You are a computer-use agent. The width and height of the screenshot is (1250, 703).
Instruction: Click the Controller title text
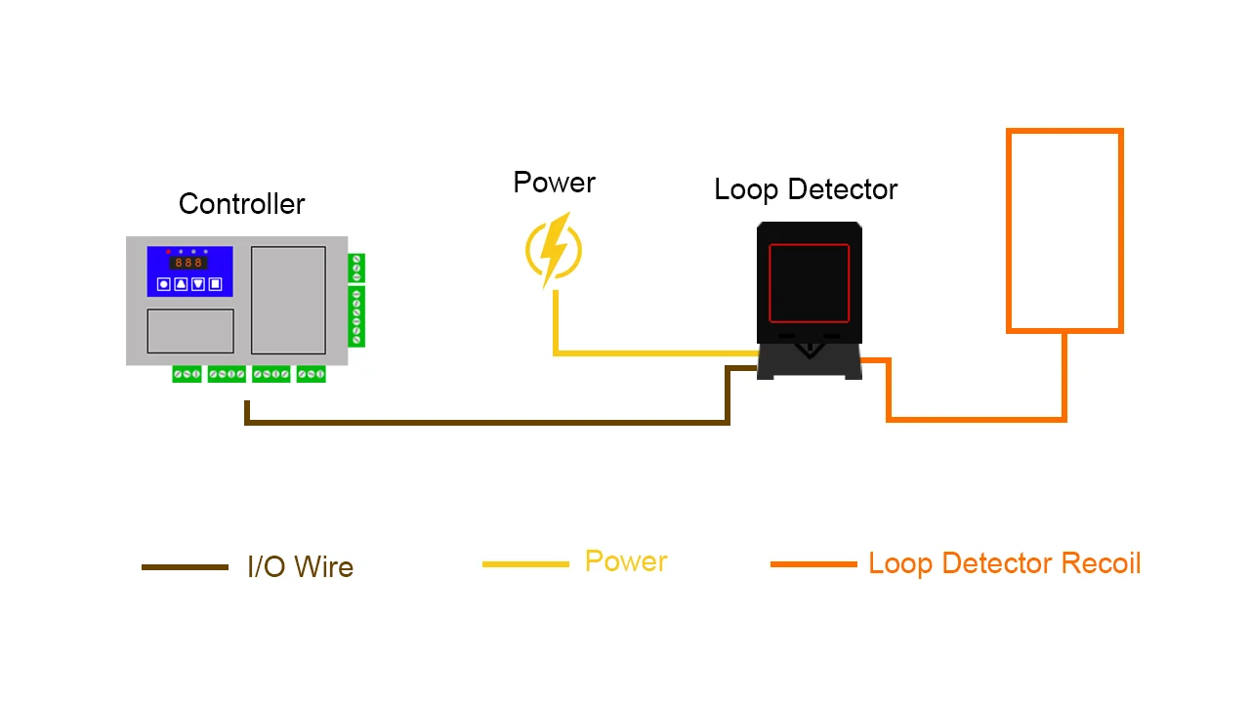241,204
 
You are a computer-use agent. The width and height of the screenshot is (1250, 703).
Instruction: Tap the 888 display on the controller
188,263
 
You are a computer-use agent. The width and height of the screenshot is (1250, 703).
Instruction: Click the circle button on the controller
164,284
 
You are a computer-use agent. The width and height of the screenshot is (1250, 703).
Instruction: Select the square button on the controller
216,284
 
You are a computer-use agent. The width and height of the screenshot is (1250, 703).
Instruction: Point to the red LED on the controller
168,251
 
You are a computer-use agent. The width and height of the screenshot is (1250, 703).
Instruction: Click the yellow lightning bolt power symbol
554,251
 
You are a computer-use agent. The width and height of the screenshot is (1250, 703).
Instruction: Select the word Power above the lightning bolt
554,183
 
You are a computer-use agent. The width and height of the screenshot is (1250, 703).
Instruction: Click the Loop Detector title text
806,189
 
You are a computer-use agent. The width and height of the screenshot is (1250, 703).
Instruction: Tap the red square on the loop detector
809,283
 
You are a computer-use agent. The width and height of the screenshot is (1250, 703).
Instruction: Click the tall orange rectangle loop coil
1064,230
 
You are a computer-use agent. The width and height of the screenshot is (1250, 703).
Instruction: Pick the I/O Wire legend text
300,567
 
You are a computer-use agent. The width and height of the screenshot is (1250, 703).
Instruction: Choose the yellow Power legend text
626,561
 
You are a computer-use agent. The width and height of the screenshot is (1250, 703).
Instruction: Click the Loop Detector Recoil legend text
1004,563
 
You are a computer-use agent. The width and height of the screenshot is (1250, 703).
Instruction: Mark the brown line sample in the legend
185,567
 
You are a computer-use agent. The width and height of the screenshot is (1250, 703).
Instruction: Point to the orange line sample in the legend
813,564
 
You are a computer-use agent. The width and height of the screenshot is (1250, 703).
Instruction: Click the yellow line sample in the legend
525,564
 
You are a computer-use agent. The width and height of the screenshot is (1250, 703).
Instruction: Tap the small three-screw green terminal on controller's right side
356,268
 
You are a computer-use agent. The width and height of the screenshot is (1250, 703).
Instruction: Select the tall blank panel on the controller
288,300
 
